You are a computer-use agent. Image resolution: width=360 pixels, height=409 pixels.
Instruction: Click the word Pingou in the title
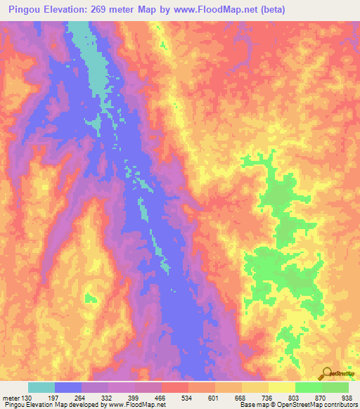[26, 8]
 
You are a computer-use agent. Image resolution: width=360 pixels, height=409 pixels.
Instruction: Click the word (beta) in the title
[297, 8]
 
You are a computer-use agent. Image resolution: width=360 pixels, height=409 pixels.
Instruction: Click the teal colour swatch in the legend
[41, 387]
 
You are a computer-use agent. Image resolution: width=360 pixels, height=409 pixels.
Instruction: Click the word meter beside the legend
[11, 398]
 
